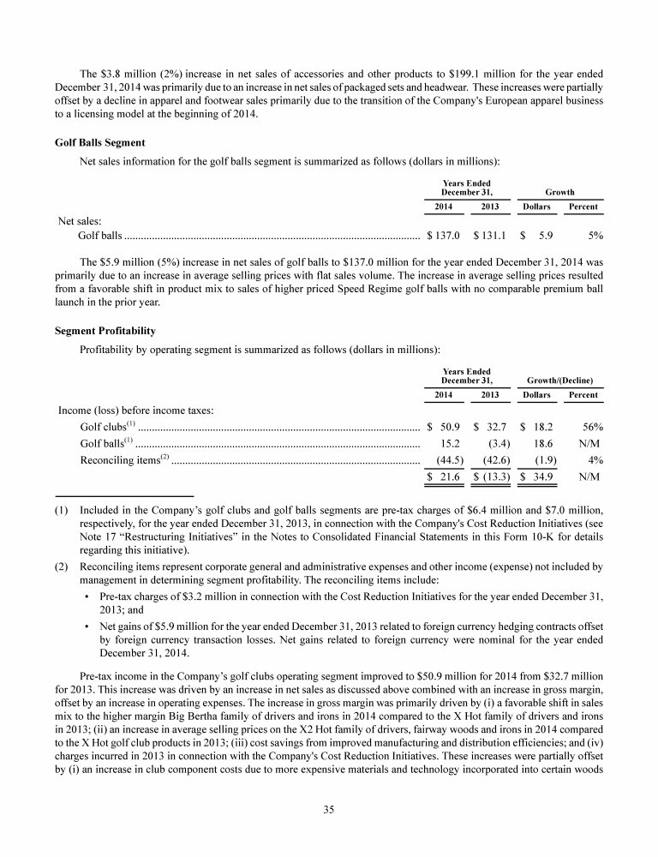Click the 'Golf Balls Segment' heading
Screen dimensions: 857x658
coord(100,141)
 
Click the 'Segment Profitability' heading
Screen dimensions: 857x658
coord(105,330)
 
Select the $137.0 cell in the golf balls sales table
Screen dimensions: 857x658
coord(444,234)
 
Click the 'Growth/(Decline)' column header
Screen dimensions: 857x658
coord(560,380)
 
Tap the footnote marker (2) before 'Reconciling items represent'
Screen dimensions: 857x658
coord(62,566)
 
